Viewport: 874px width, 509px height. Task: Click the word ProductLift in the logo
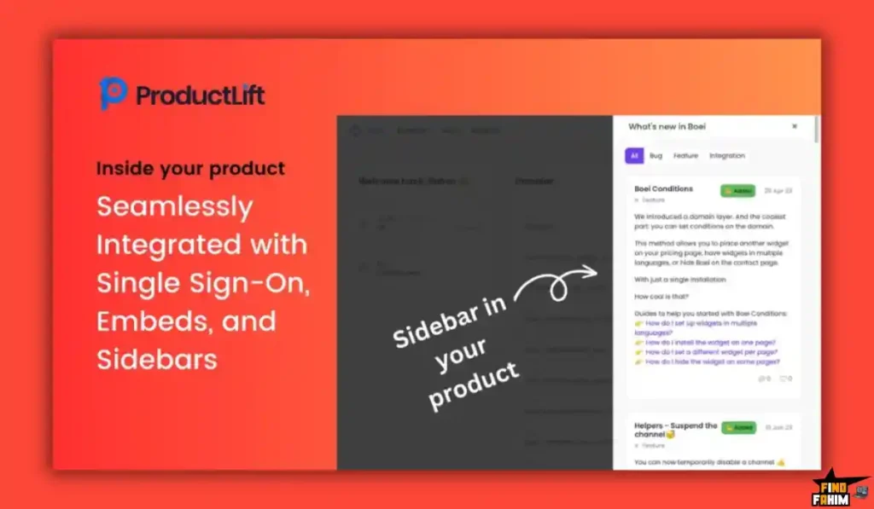pos(201,95)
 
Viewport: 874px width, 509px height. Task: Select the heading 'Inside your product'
pos(190,168)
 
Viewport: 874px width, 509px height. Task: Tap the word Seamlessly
pos(174,207)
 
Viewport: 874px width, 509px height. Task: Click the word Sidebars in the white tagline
pos(156,359)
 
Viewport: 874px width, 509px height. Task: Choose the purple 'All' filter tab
pos(634,156)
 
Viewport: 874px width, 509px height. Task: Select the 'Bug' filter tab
pos(655,156)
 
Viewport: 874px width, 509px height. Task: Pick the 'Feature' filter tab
pos(685,156)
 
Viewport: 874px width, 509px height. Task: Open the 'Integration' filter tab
pos(726,156)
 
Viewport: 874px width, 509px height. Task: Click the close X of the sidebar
pos(795,126)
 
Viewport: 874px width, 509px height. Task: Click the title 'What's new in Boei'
pos(667,126)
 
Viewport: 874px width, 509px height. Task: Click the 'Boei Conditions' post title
pos(663,188)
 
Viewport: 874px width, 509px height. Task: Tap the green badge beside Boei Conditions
pos(737,191)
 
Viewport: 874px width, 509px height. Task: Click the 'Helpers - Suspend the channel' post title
pos(675,430)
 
